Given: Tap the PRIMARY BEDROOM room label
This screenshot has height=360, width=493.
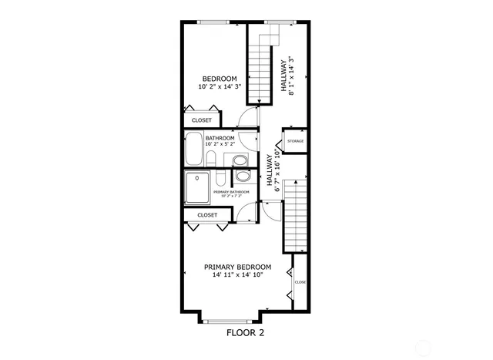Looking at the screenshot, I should (x=237, y=267).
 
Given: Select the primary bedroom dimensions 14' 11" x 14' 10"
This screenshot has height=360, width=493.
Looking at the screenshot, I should (x=237, y=275).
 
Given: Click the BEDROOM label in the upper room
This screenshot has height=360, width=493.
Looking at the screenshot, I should (x=220, y=79).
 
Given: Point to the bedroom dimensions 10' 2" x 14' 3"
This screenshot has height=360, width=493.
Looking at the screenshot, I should (x=220, y=87).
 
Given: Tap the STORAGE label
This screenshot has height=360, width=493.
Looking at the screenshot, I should (x=295, y=141).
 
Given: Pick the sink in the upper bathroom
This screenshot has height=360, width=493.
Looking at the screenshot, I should (x=240, y=160).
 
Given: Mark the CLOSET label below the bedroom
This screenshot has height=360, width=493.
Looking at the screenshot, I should (x=202, y=120).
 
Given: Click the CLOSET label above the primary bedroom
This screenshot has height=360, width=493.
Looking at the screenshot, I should (x=207, y=215).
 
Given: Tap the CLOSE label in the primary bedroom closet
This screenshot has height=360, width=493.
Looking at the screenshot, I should (x=300, y=282).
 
